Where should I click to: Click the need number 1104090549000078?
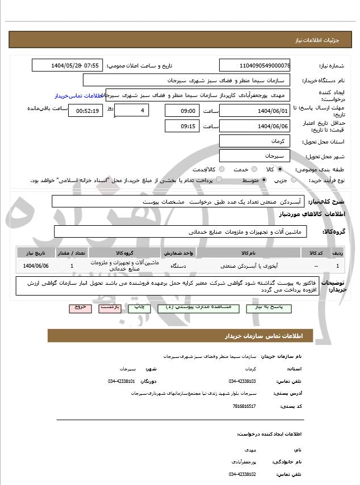click(255, 65)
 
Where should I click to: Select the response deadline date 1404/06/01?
click(255, 110)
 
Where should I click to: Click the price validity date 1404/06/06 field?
click(255, 126)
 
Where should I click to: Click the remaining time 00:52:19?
click(86, 111)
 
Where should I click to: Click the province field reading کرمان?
click(255, 141)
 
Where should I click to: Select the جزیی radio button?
click(293, 180)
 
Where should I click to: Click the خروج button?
click(80, 307)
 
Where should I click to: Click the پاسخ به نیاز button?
click(271, 307)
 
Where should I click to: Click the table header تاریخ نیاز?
click(35, 252)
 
